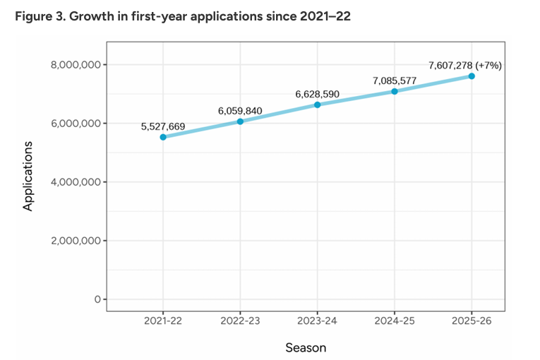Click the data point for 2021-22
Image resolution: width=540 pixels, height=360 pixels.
[x=163, y=137]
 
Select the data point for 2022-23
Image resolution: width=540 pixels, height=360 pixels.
[x=240, y=121]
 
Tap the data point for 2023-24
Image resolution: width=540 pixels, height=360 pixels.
[x=318, y=104]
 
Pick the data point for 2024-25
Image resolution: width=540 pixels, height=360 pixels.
[x=395, y=91]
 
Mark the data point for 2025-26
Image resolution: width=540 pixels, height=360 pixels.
[x=472, y=76]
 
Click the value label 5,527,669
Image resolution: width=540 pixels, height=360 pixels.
[x=163, y=126]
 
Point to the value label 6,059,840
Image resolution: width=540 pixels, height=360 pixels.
[x=240, y=111]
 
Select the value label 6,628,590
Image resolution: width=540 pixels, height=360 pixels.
[x=318, y=94]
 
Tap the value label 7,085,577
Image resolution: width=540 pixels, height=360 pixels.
[x=395, y=80]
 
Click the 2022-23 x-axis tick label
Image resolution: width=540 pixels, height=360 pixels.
[x=240, y=321]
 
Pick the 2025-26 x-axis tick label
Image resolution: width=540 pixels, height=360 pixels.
[x=472, y=321]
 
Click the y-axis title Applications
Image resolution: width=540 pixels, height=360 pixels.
[x=28, y=176]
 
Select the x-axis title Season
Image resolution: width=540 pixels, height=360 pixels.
[x=306, y=347]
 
